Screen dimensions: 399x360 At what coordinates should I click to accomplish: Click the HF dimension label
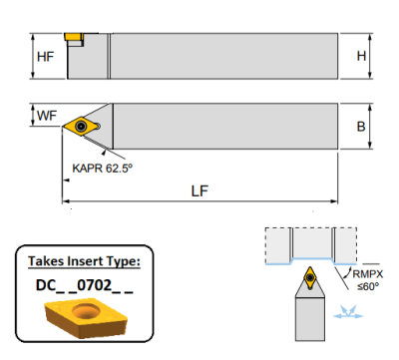(45, 57)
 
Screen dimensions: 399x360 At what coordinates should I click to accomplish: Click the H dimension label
(361, 56)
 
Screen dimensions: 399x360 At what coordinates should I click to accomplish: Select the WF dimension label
(47, 116)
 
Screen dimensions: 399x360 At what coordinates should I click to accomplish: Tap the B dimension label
(361, 127)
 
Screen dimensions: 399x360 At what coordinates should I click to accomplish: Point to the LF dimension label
(199, 191)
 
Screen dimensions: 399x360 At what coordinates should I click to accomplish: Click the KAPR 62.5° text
(102, 169)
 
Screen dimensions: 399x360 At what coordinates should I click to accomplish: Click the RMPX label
(368, 274)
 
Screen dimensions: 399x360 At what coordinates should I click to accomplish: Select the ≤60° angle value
(368, 286)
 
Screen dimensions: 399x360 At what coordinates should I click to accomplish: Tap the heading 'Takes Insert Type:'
(84, 261)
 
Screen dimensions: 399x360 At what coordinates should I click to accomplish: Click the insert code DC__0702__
(85, 285)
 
